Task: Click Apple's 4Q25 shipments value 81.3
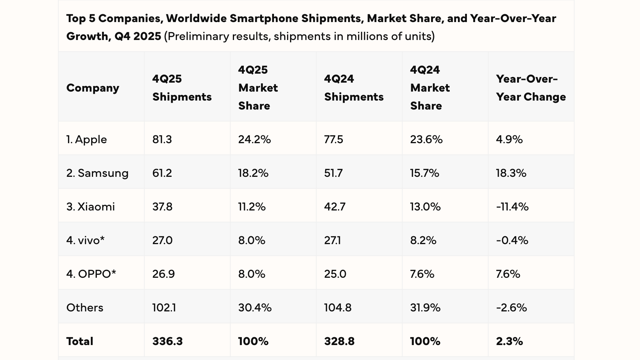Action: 162,139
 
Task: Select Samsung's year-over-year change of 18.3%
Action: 511,173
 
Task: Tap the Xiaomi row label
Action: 90,207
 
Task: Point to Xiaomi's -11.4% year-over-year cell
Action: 512,207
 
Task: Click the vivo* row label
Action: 85,240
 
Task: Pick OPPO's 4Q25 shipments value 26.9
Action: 163,274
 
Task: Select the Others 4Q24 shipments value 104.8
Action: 338,308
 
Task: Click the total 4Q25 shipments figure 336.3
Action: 167,341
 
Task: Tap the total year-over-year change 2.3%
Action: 509,341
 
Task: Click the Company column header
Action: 93,88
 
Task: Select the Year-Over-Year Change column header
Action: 530,88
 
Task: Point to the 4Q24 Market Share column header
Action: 430,88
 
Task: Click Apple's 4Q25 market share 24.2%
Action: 254,139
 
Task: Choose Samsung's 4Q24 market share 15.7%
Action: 424,173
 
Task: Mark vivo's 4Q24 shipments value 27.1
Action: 332,240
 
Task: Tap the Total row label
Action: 80,341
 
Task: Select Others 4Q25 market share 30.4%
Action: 255,308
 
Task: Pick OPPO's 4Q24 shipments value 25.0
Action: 335,274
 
